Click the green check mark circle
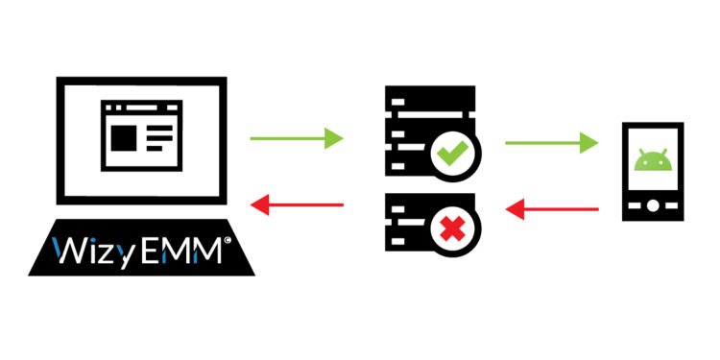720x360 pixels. (x=450, y=152)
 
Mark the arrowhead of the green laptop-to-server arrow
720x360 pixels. (x=333, y=139)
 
